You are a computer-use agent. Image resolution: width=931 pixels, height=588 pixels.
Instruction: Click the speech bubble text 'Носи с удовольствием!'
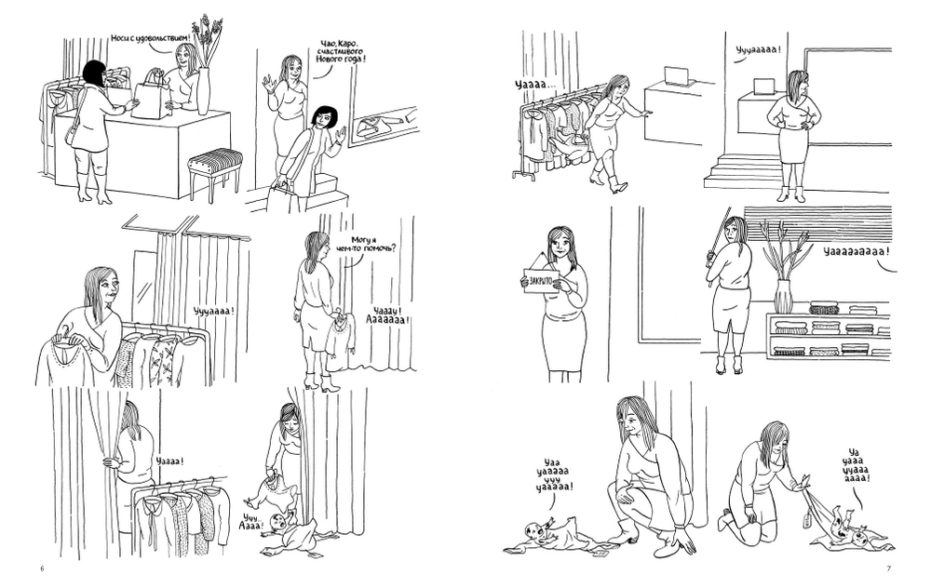coord(152,38)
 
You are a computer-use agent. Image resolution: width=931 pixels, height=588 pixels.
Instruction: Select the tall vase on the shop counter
coord(204,91)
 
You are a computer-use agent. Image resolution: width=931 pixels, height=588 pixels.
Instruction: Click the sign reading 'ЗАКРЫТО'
coord(542,278)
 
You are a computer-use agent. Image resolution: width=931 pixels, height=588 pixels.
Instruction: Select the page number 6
coord(42,568)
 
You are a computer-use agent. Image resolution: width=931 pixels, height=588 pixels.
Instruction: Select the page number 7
coord(889,568)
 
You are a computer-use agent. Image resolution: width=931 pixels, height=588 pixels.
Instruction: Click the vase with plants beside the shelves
coord(783,296)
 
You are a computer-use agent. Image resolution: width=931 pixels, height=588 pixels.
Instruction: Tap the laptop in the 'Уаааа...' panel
coord(676,74)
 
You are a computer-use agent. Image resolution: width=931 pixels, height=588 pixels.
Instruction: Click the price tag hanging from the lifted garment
coord(806,518)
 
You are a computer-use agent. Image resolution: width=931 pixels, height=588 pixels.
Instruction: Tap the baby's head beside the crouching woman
coord(536,531)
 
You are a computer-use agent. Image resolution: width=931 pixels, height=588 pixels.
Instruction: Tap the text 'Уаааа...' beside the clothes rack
coord(535,86)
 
